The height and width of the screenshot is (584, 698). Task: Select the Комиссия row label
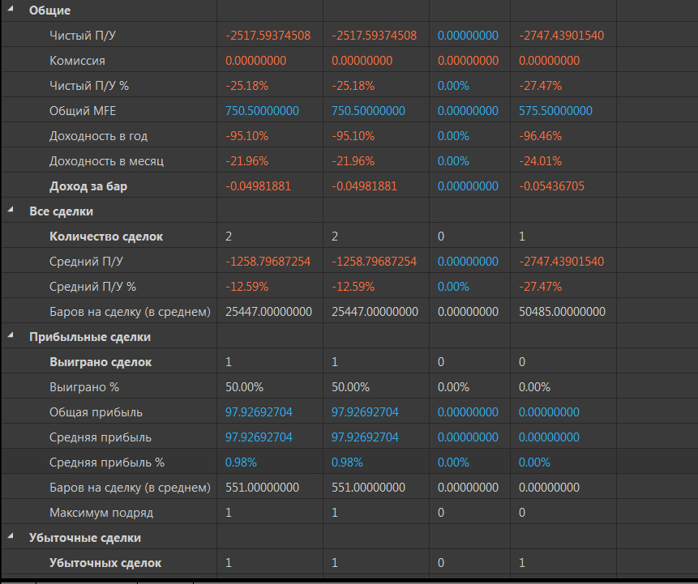click(77, 61)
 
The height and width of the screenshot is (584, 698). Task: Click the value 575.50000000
click(555, 111)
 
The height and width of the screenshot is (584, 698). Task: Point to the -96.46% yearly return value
click(540, 136)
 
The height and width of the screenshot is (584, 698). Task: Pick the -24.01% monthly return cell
click(540, 161)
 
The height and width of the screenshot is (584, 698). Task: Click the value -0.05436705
click(555, 186)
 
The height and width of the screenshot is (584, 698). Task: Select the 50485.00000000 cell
click(562, 312)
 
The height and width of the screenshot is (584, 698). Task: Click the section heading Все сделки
click(61, 211)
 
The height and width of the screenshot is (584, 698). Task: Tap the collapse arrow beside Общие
click(11, 11)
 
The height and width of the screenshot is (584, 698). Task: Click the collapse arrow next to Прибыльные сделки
click(11, 337)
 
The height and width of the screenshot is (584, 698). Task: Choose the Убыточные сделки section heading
click(85, 538)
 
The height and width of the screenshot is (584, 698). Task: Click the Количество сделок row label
click(106, 237)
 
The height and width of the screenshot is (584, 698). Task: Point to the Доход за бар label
click(88, 186)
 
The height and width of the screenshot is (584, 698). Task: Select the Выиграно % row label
click(84, 387)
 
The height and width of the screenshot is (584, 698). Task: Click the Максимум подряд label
click(101, 513)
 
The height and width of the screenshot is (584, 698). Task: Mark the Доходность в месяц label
click(106, 161)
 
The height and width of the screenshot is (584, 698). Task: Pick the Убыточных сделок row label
click(105, 563)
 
